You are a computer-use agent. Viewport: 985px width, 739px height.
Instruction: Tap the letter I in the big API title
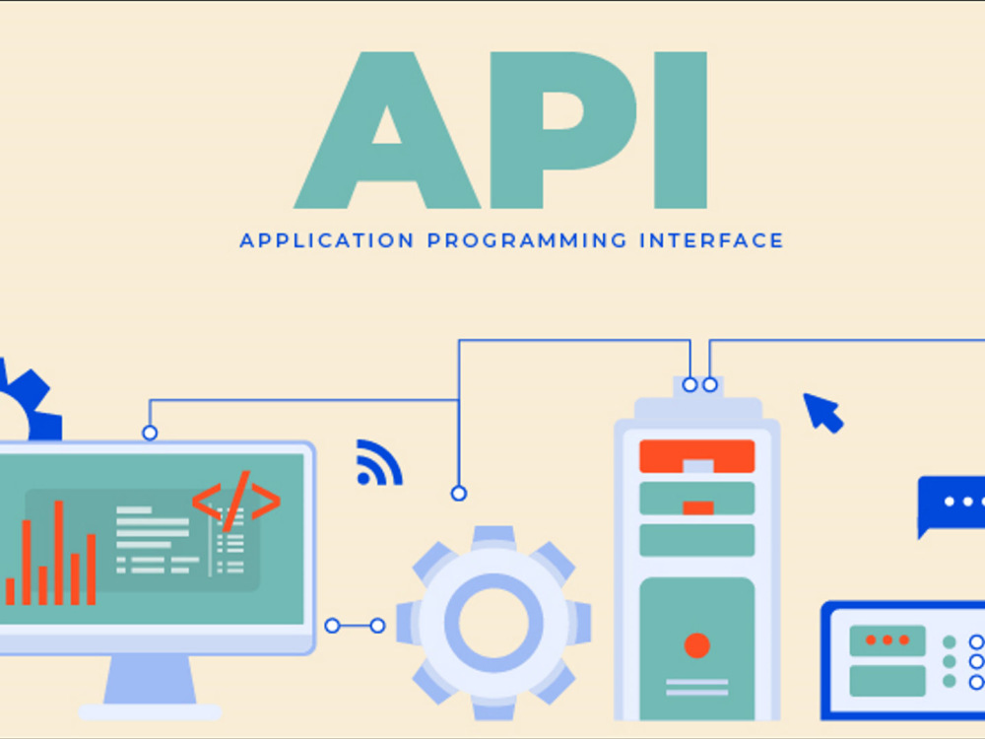[x=681, y=130]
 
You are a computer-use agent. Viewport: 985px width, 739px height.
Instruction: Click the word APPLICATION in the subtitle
[x=327, y=240]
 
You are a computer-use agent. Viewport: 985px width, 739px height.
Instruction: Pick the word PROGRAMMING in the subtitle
[x=527, y=240]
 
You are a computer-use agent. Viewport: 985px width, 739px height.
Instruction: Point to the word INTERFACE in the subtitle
[x=712, y=240]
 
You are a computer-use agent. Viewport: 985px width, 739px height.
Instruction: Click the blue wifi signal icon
[x=379, y=463]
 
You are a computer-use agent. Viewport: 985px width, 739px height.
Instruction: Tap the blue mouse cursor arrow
[x=823, y=413]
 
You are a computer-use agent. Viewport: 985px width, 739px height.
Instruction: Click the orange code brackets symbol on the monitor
[x=236, y=501]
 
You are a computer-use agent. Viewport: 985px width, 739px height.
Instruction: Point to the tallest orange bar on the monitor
[x=59, y=553]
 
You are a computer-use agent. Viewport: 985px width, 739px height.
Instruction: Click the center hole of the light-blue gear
[x=493, y=623]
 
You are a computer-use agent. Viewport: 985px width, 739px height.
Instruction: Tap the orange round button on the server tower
[x=696, y=645]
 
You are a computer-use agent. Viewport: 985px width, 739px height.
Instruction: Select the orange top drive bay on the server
[x=696, y=456]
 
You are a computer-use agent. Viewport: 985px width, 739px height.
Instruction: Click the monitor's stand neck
[x=150, y=679]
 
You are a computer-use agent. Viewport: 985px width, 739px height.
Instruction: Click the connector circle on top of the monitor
[x=150, y=433]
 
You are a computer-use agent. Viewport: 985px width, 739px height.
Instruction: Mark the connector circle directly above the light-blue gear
[x=459, y=494]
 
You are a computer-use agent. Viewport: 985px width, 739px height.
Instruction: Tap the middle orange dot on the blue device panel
[x=887, y=639]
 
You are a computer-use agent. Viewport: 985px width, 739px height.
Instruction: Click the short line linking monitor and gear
[x=355, y=626]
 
